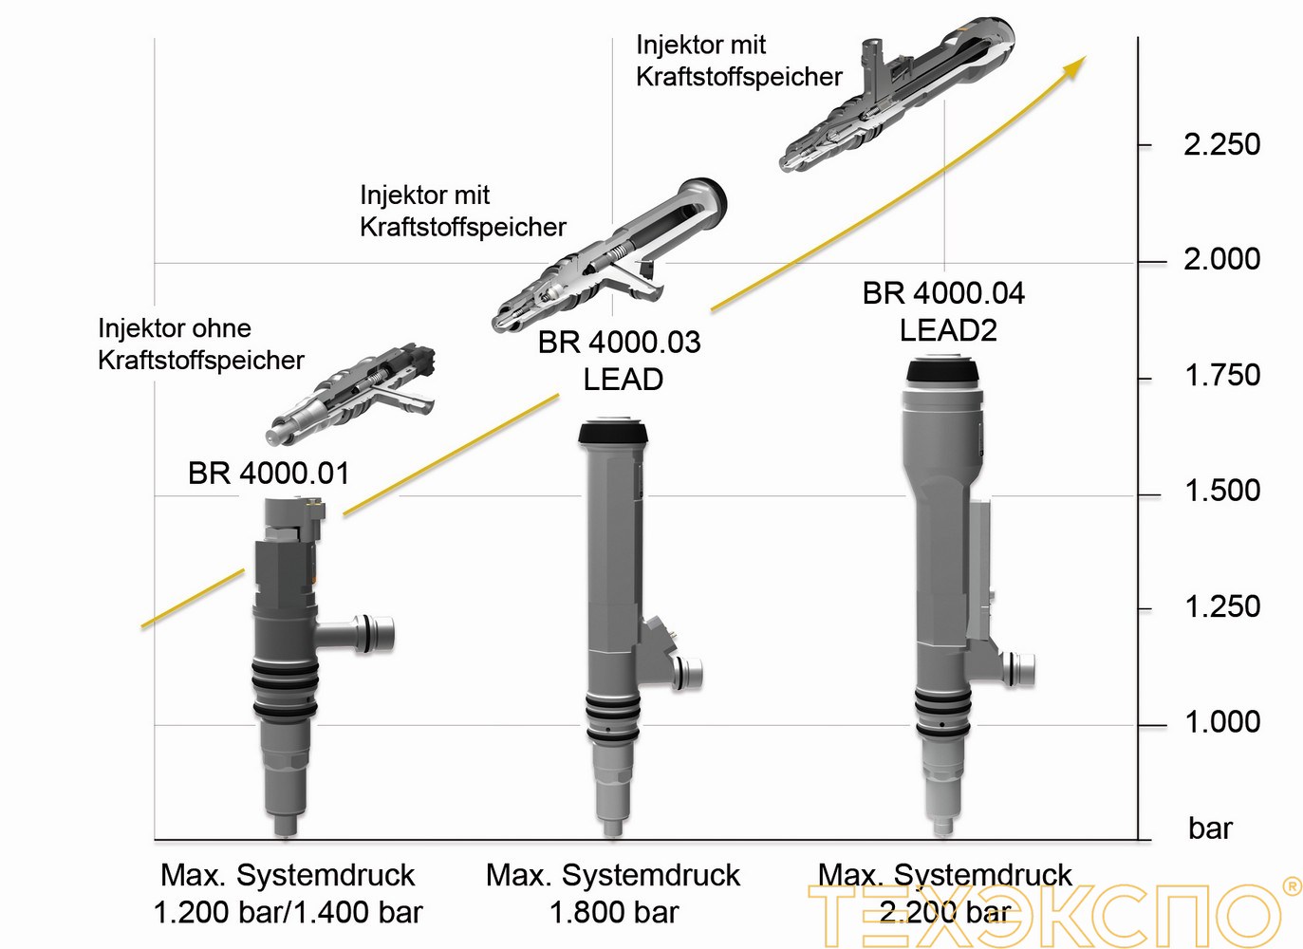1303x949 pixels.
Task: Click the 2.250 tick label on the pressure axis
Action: [1221, 145]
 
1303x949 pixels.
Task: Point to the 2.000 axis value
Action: [1221, 259]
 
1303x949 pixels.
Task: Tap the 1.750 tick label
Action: [1222, 376]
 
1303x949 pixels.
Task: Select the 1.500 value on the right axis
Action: [1222, 491]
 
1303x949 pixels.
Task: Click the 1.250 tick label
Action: [1222, 606]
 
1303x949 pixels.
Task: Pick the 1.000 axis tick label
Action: [1222, 722]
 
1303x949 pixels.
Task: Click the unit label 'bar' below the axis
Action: [1210, 828]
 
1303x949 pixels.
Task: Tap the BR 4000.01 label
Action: [269, 473]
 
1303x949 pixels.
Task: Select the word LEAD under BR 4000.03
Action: [623, 380]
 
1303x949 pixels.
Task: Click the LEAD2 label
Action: [948, 330]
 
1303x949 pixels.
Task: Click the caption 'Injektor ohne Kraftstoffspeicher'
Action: [200, 344]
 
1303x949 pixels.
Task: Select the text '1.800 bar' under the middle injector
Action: [614, 913]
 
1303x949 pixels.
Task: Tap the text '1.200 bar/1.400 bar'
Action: [288, 913]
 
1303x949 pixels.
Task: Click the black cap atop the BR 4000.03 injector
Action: [614, 434]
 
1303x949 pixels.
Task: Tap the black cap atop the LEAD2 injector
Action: [941, 370]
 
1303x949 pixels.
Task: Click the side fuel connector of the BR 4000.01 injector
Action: [370, 633]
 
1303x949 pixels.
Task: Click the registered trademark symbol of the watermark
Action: [1292, 886]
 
